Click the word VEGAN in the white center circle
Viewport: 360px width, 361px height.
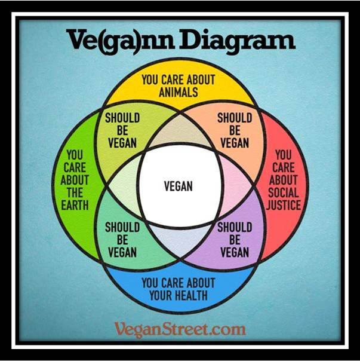[178, 186]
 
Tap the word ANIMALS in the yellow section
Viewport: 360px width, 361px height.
[178, 92]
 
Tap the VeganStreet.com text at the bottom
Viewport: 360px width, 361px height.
[179, 328]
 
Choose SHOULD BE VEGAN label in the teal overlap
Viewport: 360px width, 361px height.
[122, 240]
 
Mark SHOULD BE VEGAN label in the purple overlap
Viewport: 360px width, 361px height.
[234, 240]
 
